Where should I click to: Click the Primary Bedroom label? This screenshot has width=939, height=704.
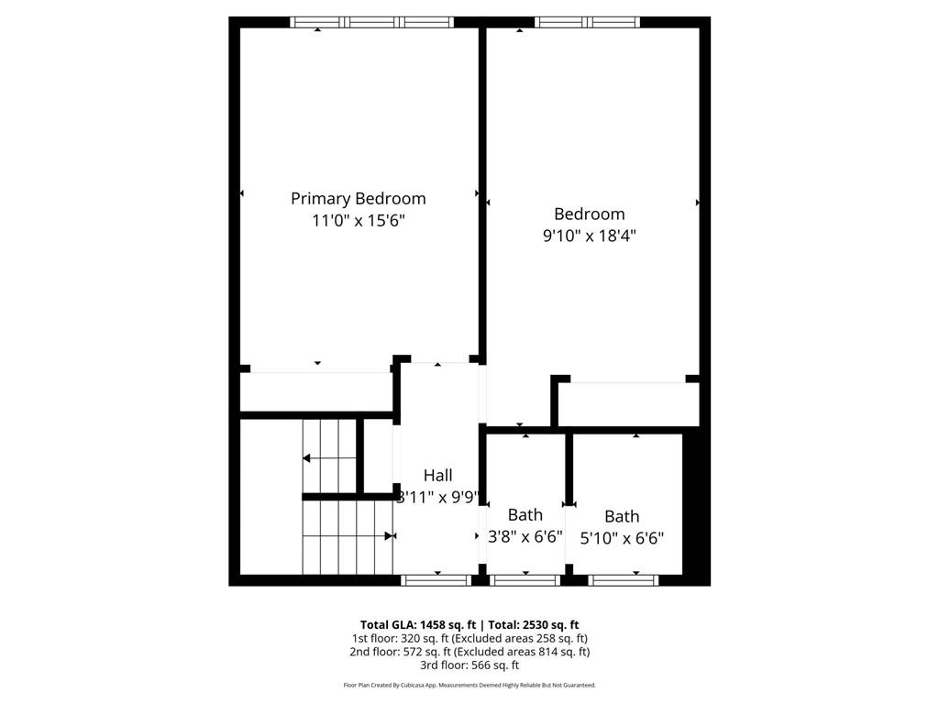click(358, 198)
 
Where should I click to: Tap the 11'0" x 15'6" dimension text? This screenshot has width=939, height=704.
click(358, 221)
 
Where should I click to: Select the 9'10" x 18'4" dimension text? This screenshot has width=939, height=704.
click(589, 236)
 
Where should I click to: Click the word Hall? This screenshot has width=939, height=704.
click(437, 476)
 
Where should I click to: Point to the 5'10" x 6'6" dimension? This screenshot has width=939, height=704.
click(622, 539)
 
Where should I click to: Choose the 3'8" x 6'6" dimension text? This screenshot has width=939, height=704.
click(525, 537)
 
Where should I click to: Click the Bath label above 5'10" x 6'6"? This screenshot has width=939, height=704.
click(622, 517)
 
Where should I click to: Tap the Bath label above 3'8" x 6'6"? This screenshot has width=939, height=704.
click(525, 515)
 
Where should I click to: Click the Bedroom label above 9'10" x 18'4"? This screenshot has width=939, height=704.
click(589, 214)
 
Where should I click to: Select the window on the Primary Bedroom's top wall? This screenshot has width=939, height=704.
click(371, 22)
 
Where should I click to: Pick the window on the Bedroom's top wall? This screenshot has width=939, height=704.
click(587, 22)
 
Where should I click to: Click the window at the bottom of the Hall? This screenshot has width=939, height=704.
click(436, 579)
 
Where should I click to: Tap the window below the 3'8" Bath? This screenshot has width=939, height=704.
click(525, 579)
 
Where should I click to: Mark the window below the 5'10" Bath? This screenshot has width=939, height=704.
click(623, 579)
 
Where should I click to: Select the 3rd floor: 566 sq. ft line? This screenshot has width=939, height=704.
click(469, 665)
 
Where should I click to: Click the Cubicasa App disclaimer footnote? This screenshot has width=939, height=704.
click(469, 685)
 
